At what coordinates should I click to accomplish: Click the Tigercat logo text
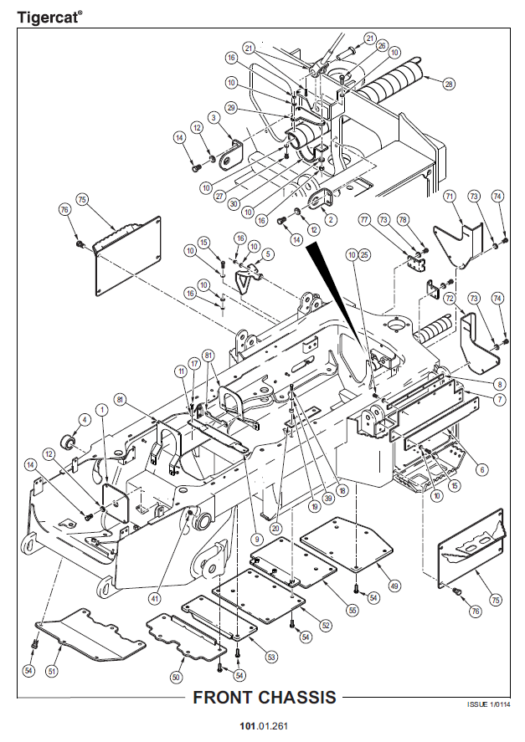click(x=49, y=18)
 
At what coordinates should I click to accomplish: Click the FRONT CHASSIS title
click(x=265, y=697)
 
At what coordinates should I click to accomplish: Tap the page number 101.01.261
click(x=264, y=726)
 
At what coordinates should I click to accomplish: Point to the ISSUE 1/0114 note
click(x=488, y=704)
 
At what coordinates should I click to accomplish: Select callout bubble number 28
click(x=448, y=84)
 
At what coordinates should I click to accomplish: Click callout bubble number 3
click(x=214, y=117)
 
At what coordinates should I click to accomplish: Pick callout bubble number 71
click(x=450, y=196)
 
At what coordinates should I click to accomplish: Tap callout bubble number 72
click(x=450, y=299)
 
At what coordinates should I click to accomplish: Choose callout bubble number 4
click(x=85, y=420)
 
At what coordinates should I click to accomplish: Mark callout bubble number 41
click(x=155, y=599)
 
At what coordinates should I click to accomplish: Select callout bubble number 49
click(x=394, y=586)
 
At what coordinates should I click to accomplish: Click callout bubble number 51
click(x=52, y=671)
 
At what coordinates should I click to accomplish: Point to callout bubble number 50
click(x=177, y=678)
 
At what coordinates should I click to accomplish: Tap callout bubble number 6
click(x=482, y=469)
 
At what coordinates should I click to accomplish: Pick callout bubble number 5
click(x=268, y=254)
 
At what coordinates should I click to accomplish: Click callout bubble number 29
click(x=231, y=108)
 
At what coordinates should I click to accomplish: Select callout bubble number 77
click(x=364, y=219)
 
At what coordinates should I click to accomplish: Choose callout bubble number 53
click(x=271, y=657)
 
